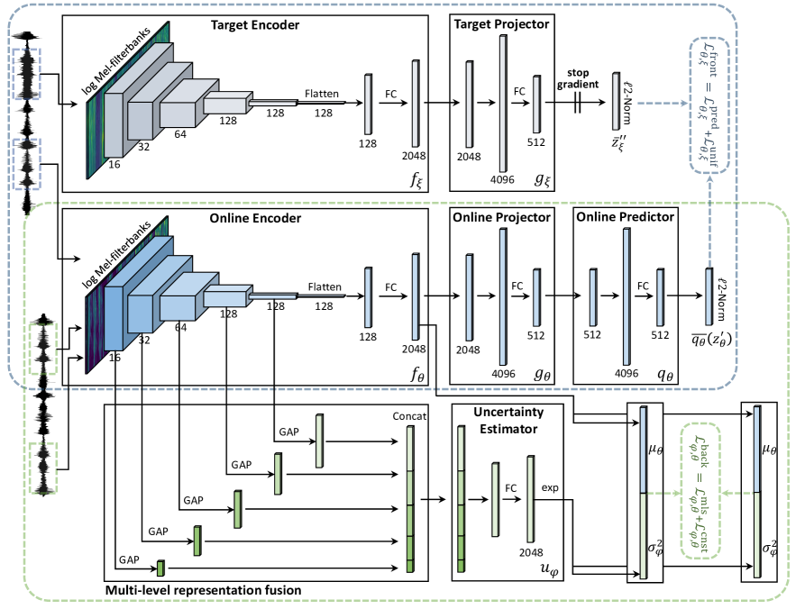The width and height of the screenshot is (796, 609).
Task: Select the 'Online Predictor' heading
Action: coord(624,218)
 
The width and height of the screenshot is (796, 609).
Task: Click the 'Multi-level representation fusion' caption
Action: coord(203,589)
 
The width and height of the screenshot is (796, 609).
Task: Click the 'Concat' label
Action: coord(409,416)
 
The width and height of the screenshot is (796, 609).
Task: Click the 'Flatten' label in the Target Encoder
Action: coord(322,93)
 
